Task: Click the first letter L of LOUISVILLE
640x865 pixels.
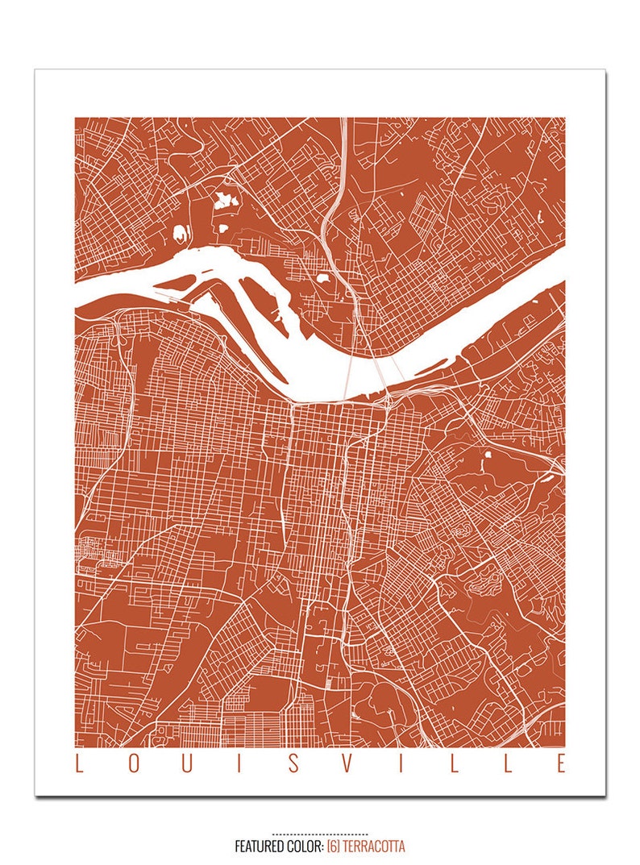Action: point(79,763)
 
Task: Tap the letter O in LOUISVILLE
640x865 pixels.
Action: point(133,763)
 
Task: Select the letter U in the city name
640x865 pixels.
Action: point(187,763)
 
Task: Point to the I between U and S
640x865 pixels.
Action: point(240,763)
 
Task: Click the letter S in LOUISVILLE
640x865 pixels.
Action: point(293,763)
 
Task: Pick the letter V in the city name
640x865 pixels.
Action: point(347,763)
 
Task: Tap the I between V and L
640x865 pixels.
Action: point(401,763)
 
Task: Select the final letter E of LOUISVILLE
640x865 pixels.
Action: point(561,763)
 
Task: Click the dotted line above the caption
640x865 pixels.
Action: point(320,834)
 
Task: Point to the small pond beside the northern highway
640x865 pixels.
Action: point(322,280)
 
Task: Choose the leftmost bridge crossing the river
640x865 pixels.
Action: point(347,377)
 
